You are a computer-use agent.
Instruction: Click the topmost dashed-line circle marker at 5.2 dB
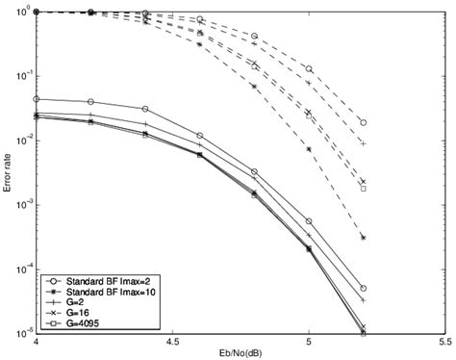click(x=363, y=123)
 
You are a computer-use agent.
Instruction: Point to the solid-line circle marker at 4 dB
click(x=37, y=99)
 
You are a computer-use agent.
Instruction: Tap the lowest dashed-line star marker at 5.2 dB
click(x=363, y=238)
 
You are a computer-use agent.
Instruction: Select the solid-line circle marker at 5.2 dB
click(x=363, y=288)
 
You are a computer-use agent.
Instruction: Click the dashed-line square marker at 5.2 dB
click(x=363, y=189)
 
